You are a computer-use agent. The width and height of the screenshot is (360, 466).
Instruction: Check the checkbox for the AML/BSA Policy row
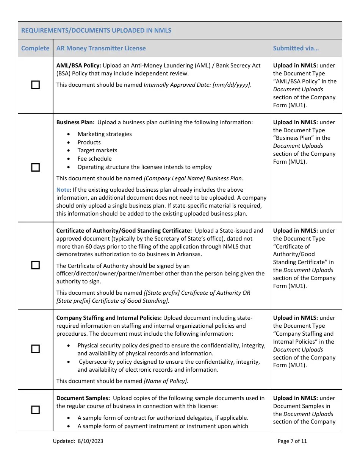tap(35, 85)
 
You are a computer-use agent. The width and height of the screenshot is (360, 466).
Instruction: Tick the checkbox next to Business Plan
tap(35, 167)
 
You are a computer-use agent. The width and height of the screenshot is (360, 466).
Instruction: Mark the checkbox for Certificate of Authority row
tap(35, 265)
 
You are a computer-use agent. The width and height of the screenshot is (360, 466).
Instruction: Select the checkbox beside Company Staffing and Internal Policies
tap(35, 349)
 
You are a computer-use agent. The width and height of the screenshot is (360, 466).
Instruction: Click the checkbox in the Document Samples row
tap(35, 410)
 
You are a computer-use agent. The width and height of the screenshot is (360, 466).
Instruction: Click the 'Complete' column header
tap(35, 48)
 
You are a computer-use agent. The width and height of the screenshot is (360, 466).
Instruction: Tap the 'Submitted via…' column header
tap(296, 48)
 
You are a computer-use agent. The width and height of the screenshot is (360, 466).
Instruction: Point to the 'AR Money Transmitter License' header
tap(101, 48)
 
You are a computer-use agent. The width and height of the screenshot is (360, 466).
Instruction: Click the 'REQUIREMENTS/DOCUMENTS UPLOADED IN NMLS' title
tap(96, 30)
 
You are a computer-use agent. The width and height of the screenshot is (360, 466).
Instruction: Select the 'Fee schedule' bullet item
tap(94, 159)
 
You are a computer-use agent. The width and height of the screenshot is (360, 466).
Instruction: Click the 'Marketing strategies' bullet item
tap(105, 134)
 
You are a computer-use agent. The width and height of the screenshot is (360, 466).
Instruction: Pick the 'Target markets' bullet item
tap(97, 150)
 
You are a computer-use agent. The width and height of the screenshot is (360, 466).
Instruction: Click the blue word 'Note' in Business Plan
tap(63, 189)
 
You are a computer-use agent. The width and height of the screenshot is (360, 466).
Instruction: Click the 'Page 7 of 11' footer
tap(292, 441)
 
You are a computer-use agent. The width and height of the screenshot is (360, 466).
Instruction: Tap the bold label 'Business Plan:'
tap(75, 122)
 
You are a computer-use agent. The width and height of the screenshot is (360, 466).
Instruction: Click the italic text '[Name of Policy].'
tap(166, 381)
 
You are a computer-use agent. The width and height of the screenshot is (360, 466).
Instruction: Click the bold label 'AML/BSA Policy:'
tap(78, 66)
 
